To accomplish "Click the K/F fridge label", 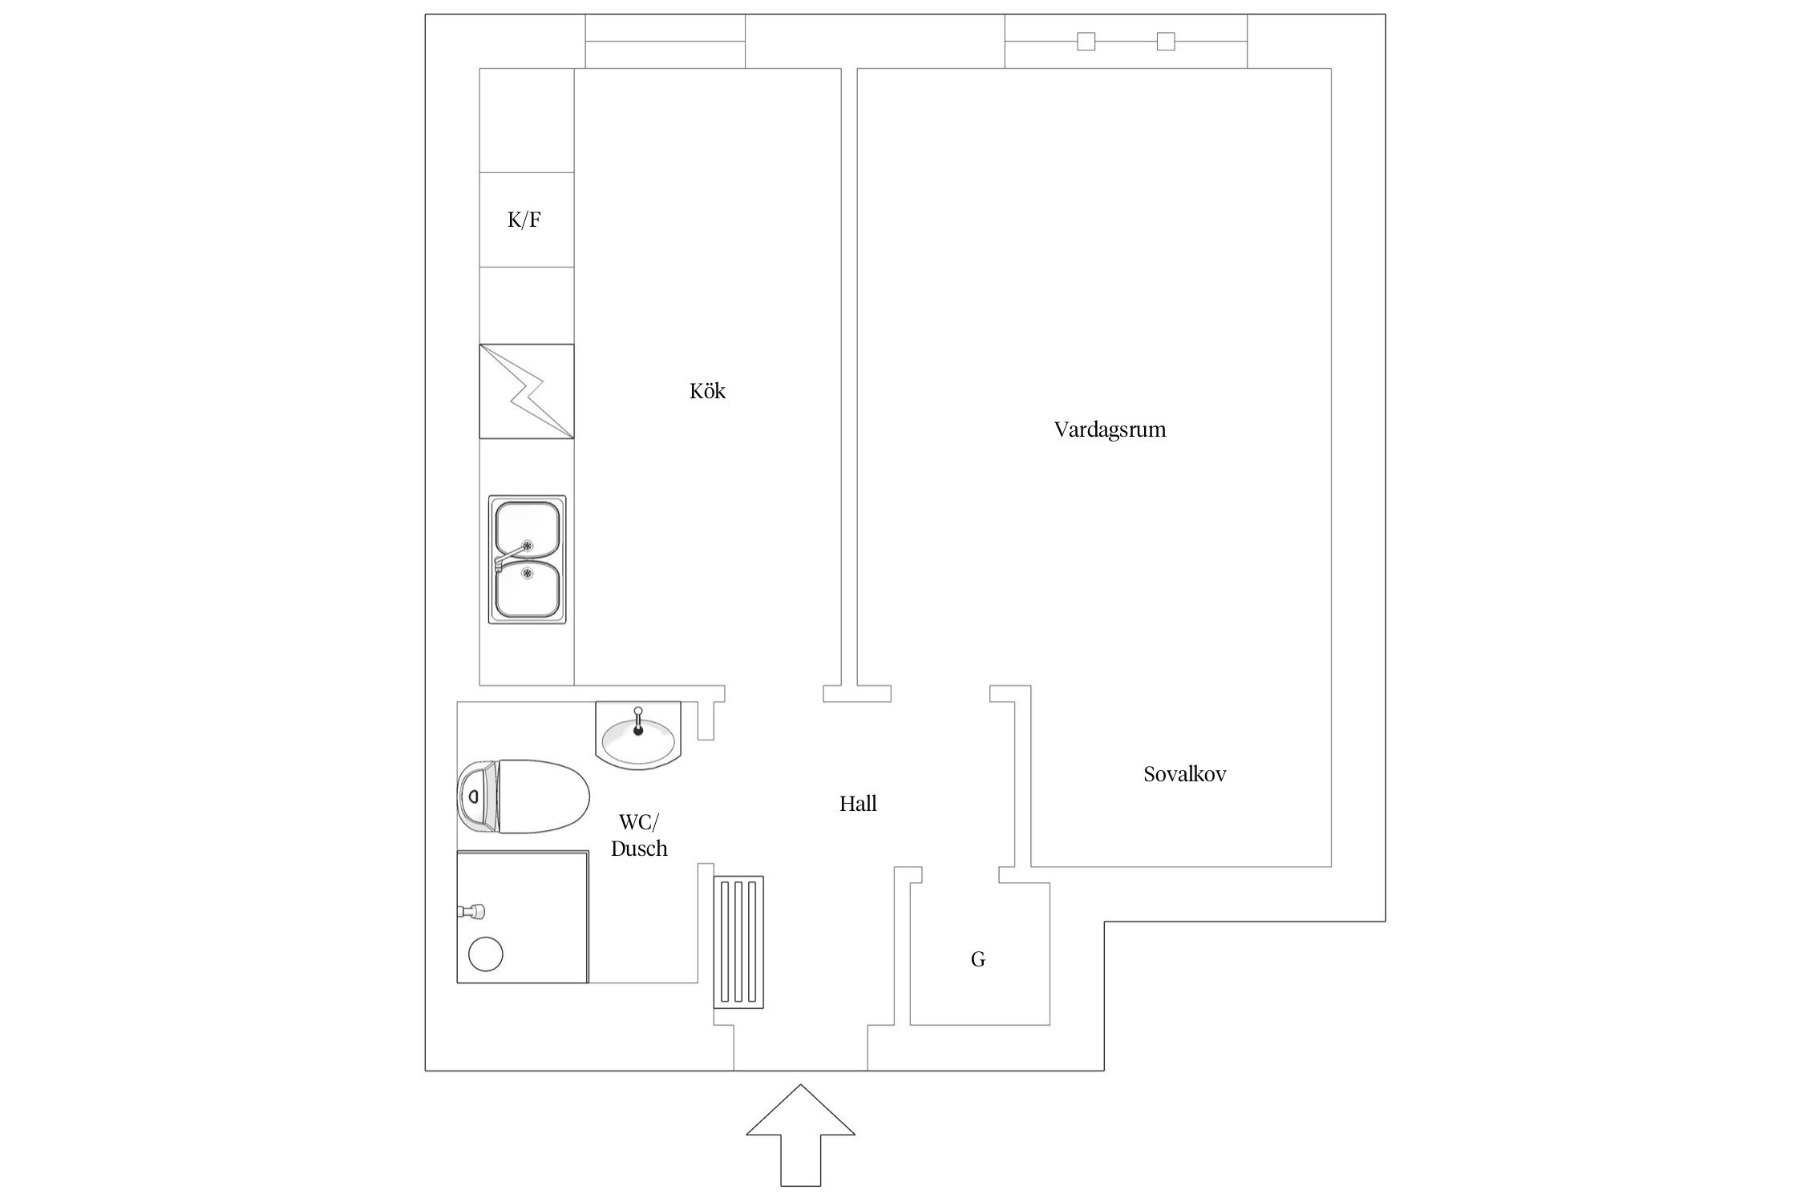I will (x=524, y=220).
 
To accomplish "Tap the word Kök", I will (x=707, y=391).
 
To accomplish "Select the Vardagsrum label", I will (x=1110, y=430).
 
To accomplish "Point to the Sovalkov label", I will (x=1184, y=774).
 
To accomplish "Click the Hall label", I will (x=858, y=803).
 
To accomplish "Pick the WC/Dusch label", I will (x=639, y=835).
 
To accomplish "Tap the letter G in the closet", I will (x=977, y=959).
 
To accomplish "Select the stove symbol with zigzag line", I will (x=527, y=391).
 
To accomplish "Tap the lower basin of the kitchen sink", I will (x=526, y=590).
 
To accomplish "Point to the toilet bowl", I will (x=544, y=797).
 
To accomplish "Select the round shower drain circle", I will (x=485, y=954).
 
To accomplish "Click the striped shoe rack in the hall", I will (x=738, y=941).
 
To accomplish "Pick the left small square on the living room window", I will (x=1086, y=41).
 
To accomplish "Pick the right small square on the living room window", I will (x=1166, y=41).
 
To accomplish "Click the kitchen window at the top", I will (x=665, y=41).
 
